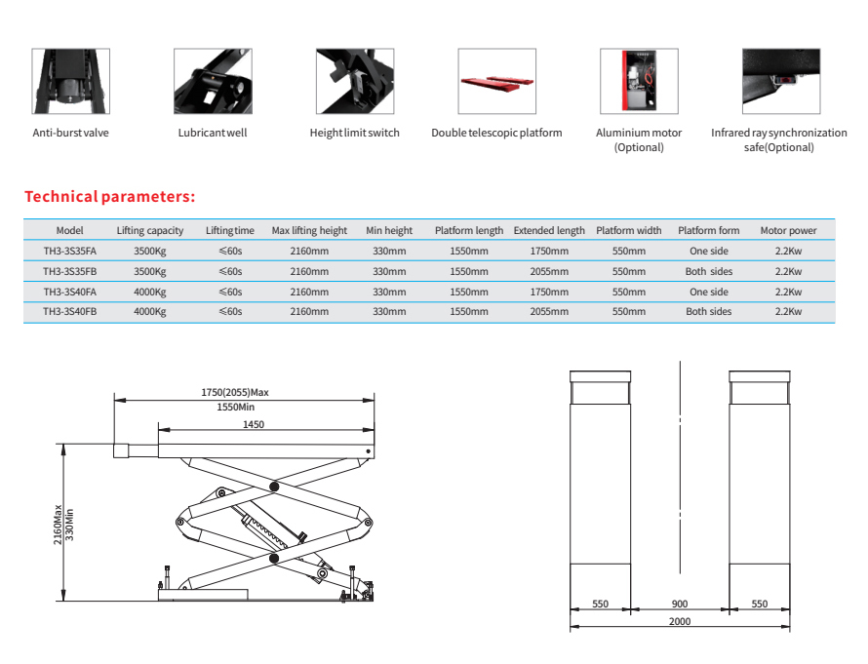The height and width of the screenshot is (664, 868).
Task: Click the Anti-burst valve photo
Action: pyautogui.click(x=70, y=82)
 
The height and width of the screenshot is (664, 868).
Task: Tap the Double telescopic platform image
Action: pyautogui.click(x=496, y=82)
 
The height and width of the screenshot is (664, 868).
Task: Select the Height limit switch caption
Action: pyautogui.click(x=355, y=133)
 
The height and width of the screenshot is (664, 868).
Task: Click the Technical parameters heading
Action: pyautogui.click(x=110, y=197)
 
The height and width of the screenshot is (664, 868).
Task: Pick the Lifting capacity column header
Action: pyautogui.click(x=150, y=231)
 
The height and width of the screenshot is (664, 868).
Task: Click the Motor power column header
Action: pyautogui.click(x=788, y=231)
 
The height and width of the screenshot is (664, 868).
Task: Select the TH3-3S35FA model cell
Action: pyautogui.click(x=70, y=251)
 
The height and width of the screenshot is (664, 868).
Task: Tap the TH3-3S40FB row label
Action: pyautogui.click(x=70, y=312)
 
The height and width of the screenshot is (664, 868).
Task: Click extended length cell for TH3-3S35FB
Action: pyautogui.click(x=549, y=271)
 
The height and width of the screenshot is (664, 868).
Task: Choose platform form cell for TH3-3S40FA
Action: pyautogui.click(x=709, y=292)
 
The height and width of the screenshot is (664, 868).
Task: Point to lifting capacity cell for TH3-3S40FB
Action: pyautogui.click(x=150, y=312)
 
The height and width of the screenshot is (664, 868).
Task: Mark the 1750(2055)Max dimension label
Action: pyautogui.click(x=234, y=392)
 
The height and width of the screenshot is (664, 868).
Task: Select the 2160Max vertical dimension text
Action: pyautogui.click(x=58, y=525)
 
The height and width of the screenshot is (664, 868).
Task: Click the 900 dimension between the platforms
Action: pyautogui.click(x=680, y=605)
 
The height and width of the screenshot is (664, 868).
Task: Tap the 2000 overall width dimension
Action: pyautogui.click(x=680, y=621)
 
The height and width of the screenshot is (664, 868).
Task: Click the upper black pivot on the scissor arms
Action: pyautogui.click(x=274, y=486)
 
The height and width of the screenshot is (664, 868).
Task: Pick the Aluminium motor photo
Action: pyautogui.click(x=639, y=82)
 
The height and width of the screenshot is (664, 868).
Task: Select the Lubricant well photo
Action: pyautogui.click(x=213, y=82)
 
